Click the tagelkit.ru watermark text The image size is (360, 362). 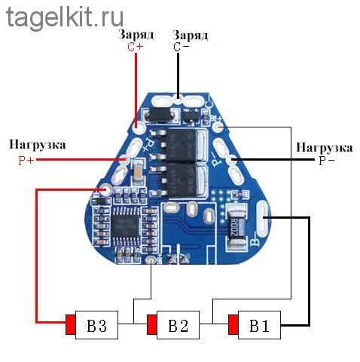click(65, 18)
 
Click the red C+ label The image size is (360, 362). click(136, 47)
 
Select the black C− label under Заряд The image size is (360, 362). click(181, 47)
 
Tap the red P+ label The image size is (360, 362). click(26, 161)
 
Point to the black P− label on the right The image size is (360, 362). click(326, 161)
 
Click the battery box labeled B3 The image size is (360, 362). click(96, 325)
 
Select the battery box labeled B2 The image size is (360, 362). click(178, 325)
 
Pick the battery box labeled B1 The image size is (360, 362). click(259, 325)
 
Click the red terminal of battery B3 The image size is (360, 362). click(71, 324)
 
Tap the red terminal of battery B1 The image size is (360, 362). click(233, 324)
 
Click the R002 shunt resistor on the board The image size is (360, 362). click(235, 227)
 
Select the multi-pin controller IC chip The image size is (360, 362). click(125, 225)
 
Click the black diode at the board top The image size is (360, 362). click(159, 115)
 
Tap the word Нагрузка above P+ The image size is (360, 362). click(38, 145)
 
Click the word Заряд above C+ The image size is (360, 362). click(136, 35)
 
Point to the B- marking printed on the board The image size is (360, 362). click(255, 239)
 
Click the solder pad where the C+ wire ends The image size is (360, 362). click(138, 128)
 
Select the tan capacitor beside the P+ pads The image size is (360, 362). click(138, 172)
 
